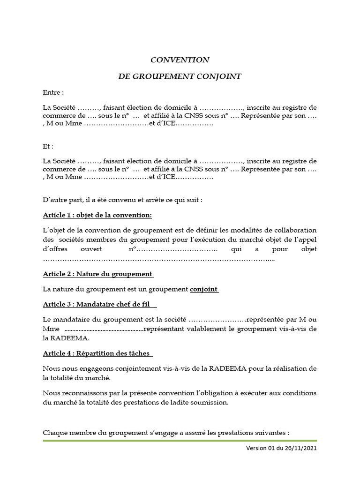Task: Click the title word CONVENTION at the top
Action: point(180,60)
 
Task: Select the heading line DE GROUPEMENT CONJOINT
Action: point(180,76)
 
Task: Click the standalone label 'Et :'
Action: point(48,147)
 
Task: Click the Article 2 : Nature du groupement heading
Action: point(97,274)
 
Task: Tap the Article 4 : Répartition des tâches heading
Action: point(97,353)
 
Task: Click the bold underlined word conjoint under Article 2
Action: point(204,289)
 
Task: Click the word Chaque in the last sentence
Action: point(54,432)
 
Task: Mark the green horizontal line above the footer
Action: point(180,441)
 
